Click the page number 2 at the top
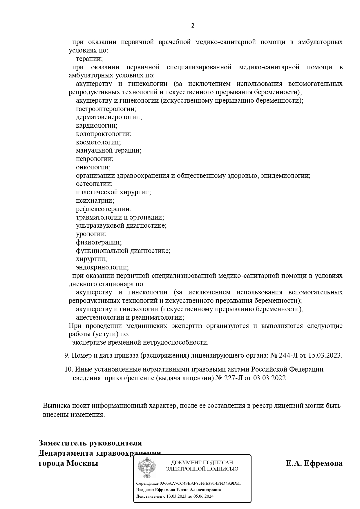click(x=193, y=26)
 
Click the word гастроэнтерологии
click(x=106, y=109)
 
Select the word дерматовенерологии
click(x=108, y=117)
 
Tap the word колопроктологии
click(x=103, y=134)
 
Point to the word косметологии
click(x=98, y=142)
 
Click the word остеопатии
click(x=94, y=184)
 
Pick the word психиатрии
click(x=95, y=201)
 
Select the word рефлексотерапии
click(x=103, y=209)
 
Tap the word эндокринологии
click(x=102, y=267)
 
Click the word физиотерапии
click(x=98, y=242)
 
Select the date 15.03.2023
click(x=325, y=355)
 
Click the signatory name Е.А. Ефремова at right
click(x=314, y=463)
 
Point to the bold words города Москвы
click(x=68, y=463)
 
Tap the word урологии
click(x=91, y=234)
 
